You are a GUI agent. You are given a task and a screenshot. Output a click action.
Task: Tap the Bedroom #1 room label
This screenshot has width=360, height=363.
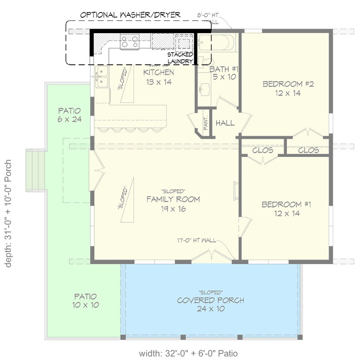(286, 209)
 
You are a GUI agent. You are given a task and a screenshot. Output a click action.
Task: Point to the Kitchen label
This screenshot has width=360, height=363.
(158, 77)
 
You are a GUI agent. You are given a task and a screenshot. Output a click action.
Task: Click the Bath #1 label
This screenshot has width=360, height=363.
(224, 73)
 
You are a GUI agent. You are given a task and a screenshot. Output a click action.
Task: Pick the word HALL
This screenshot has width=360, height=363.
(225, 123)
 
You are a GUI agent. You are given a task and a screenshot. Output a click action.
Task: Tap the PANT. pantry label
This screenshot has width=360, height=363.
(206, 122)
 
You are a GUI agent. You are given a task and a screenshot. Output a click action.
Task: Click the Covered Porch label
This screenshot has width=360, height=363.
(211, 304)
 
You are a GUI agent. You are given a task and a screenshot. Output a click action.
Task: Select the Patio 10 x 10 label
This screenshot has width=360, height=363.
(85, 300)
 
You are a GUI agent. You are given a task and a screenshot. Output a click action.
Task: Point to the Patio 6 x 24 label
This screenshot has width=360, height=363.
(69, 115)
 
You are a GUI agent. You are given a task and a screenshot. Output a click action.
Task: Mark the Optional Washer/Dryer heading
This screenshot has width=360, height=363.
(130, 15)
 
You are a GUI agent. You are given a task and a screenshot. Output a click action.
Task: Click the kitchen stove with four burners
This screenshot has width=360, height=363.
(129, 42)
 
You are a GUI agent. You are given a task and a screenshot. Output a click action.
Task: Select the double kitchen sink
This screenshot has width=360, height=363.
(102, 75)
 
